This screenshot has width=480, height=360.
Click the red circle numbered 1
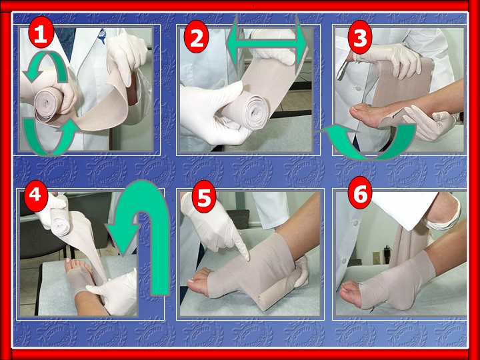click(x=41, y=34)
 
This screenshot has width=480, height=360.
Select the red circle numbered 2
click(x=197, y=38)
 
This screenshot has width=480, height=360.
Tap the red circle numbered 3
click(x=360, y=37)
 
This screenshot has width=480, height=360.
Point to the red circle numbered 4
click(x=36, y=194)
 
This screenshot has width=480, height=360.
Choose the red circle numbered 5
click(x=204, y=197)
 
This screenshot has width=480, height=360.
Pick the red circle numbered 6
click(x=360, y=193)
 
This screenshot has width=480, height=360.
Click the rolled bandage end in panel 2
click(x=255, y=112)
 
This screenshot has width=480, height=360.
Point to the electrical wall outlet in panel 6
click(x=376, y=257)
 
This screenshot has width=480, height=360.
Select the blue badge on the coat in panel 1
click(x=101, y=36)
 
